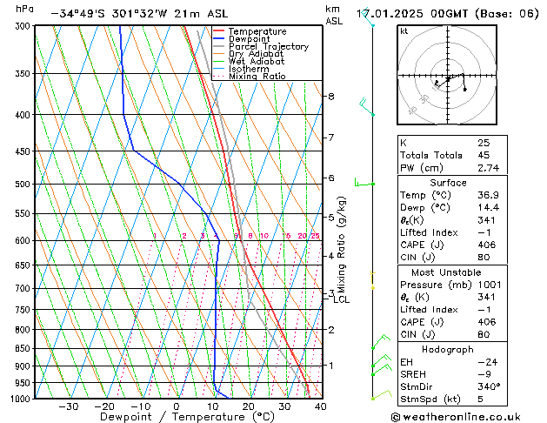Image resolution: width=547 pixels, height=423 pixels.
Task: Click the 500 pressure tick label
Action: point(20,185)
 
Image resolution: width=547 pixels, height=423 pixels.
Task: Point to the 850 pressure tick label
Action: point(20,349)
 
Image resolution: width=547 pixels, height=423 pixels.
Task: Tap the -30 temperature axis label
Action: point(68,406)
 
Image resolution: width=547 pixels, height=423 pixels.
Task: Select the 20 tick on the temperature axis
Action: point(248,406)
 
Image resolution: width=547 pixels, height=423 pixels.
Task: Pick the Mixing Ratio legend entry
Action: point(257,76)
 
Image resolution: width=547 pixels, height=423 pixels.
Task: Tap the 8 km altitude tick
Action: point(331,96)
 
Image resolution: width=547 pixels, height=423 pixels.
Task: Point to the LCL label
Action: point(342,299)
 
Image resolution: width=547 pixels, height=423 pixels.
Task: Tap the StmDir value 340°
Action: point(488,386)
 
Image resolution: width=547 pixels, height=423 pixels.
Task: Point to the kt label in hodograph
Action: point(404,30)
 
